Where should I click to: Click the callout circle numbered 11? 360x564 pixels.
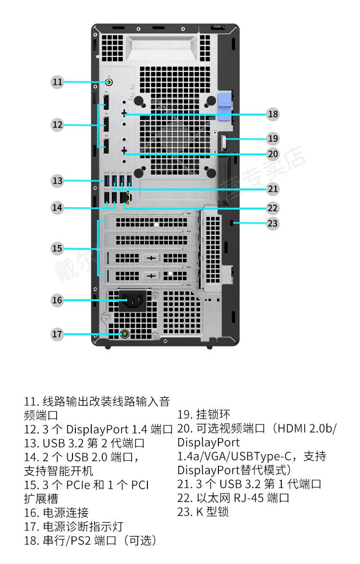point(57,82)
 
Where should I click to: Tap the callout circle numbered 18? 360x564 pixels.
point(273,114)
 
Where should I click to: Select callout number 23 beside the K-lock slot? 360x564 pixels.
point(273,223)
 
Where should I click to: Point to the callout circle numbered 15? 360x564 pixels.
point(57,248)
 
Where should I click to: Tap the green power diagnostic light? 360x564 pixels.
point(124,335)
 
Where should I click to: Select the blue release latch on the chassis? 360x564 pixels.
point(225,106)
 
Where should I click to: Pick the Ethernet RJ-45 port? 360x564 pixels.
point(125,197)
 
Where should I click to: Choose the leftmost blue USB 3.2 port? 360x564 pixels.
point(107,179)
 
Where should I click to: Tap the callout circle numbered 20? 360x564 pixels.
point(273,154)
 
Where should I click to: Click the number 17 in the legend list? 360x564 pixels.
point(31,527)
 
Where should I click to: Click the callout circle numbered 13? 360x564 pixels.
point(57,180)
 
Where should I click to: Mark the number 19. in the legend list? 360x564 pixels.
point(185,415)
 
